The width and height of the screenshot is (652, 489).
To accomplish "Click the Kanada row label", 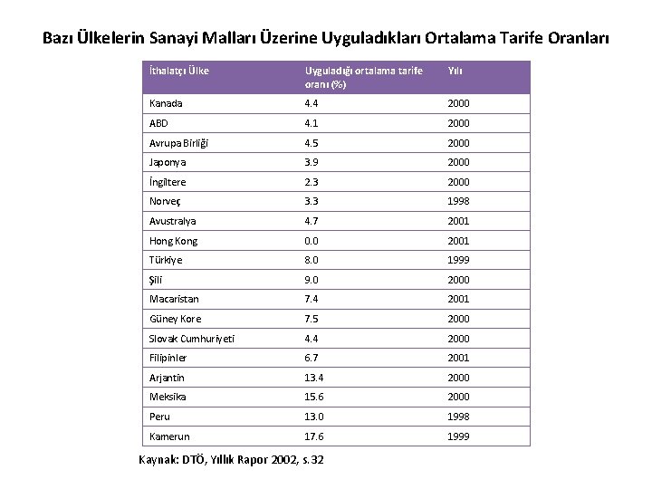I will [x=166, y=104].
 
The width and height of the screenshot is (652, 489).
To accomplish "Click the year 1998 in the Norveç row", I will [x=458, y=202].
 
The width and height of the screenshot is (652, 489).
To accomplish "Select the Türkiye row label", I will [x=166, y=260].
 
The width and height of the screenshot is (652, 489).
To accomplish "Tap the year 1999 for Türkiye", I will [x=458, y=260].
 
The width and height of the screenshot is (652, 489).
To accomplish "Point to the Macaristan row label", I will [x=174, y=299].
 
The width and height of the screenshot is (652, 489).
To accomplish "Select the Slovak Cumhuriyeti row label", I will [x=192, y=338].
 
